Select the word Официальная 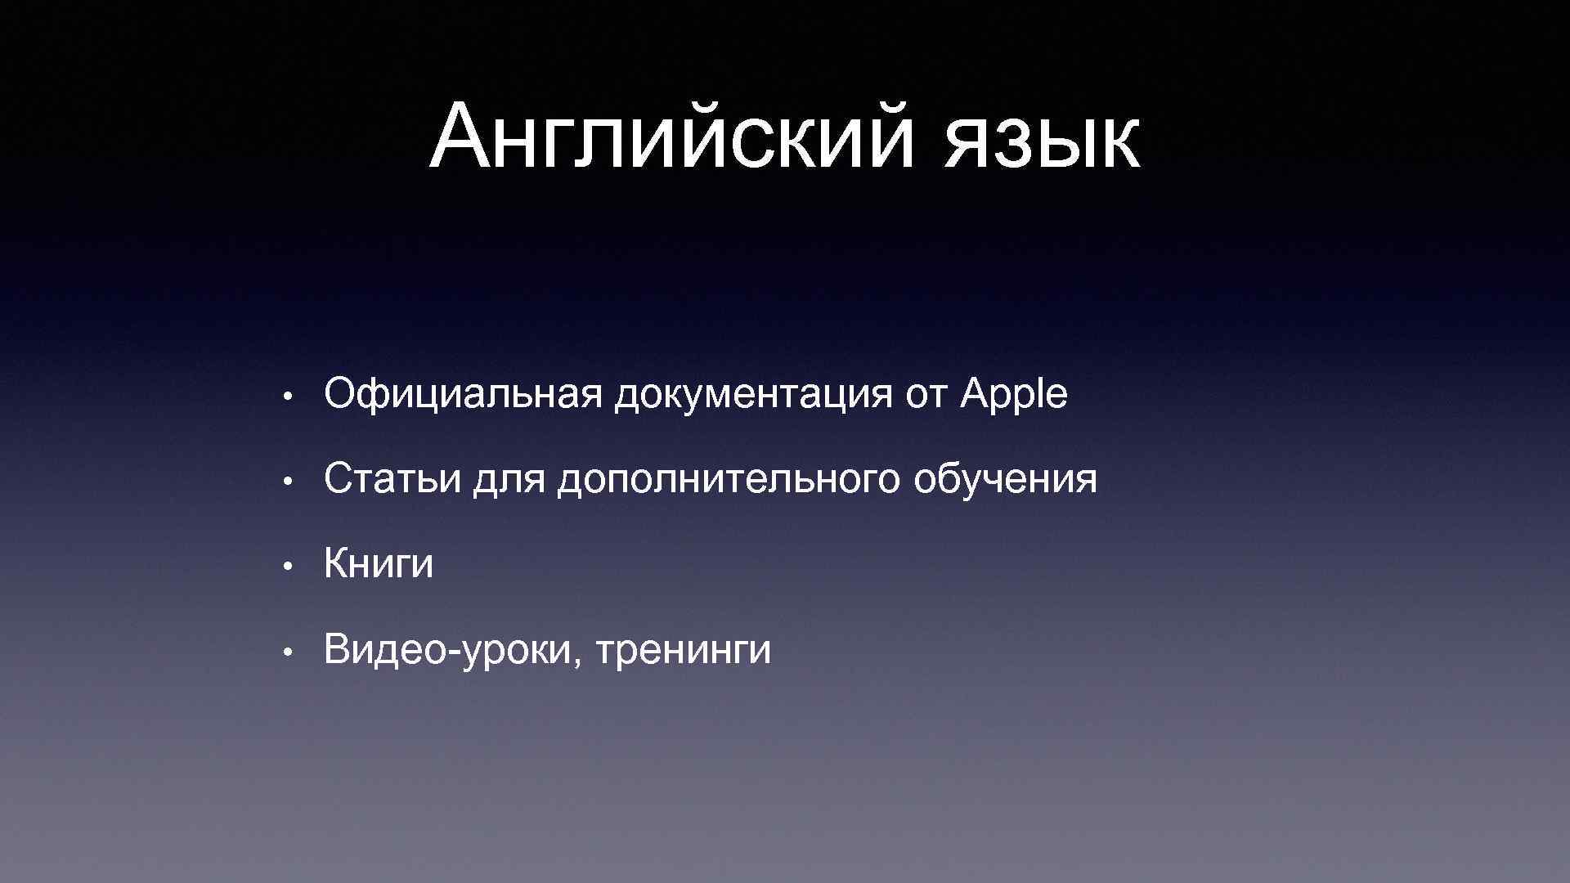[463, 395]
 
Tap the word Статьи [392, 479]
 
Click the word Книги [379, 565]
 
